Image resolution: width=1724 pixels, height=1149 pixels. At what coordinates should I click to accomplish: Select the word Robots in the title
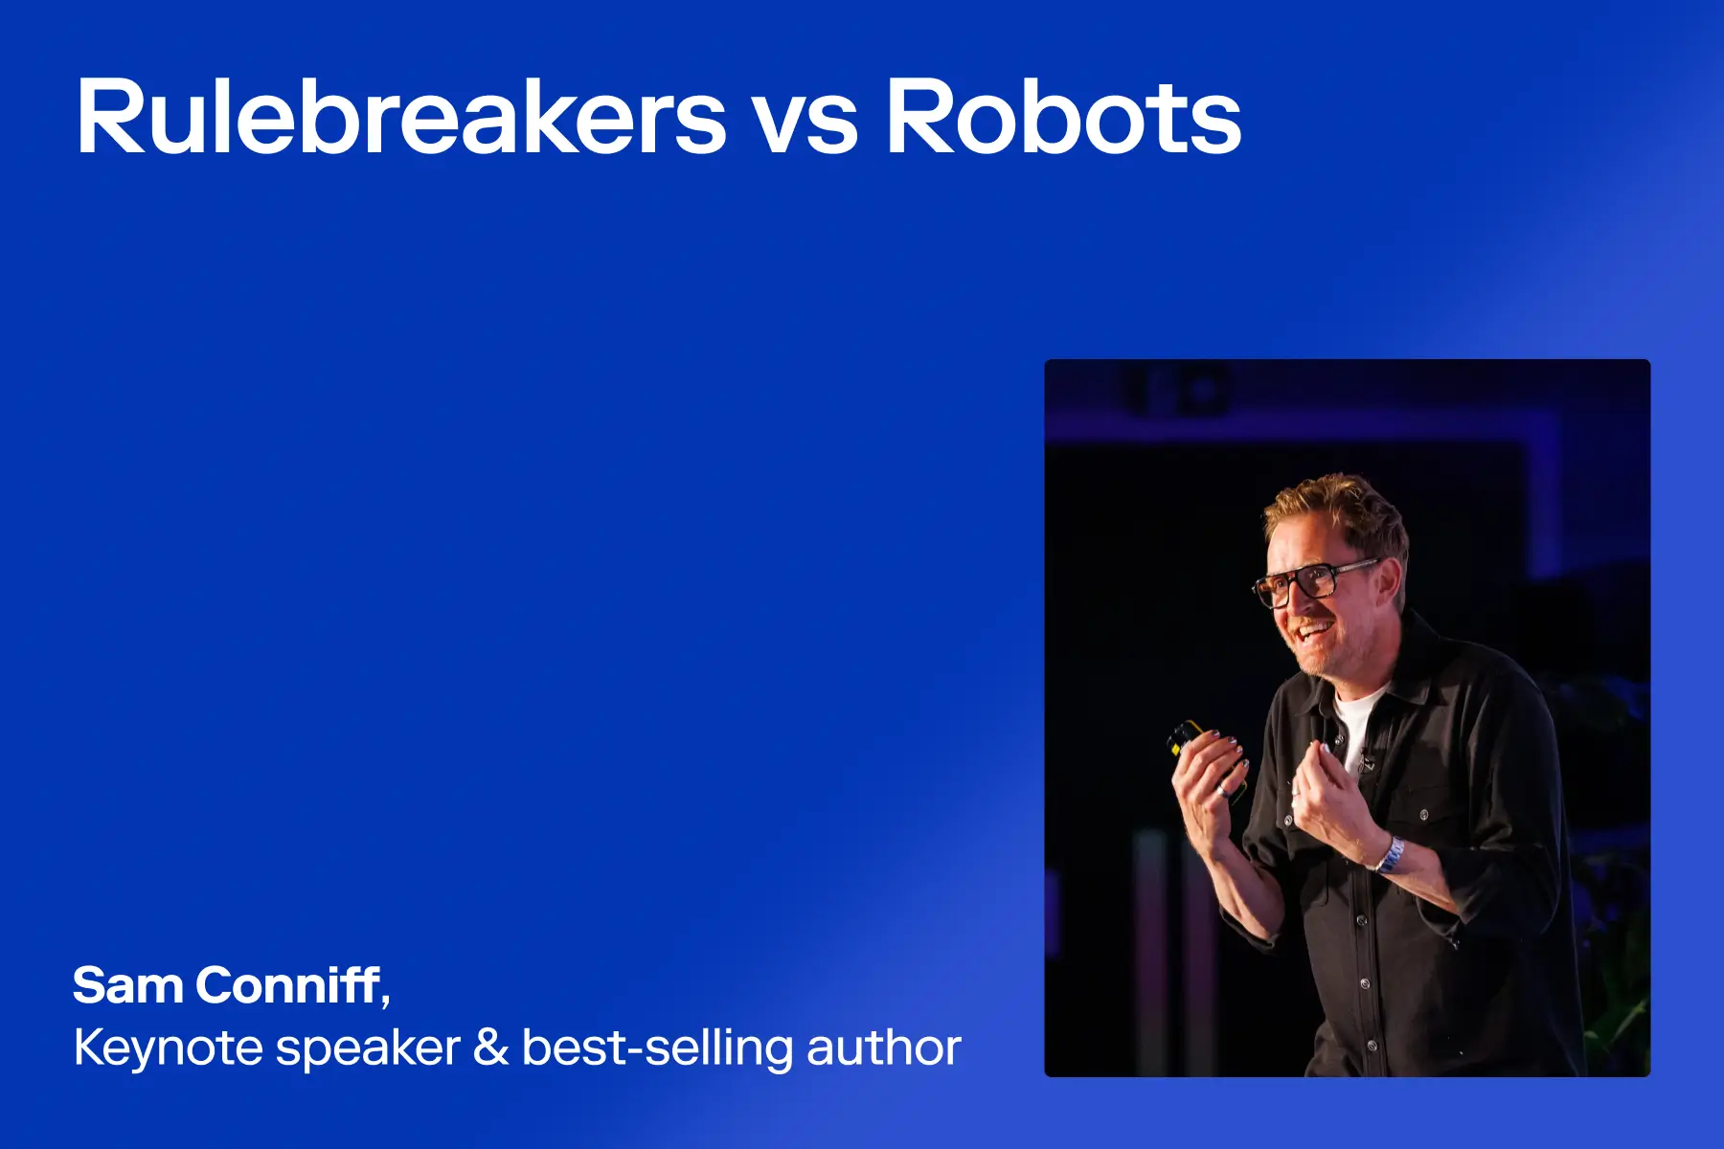[x=1063, y=117]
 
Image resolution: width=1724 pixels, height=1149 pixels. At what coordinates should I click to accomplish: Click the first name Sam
[x=126, y=985]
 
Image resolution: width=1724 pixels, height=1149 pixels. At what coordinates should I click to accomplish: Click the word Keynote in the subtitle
[x=168, y=1048]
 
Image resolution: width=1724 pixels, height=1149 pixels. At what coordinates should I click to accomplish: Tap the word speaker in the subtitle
[x=369, y=1050]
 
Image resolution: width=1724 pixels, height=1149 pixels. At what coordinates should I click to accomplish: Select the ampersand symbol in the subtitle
[x=490, y=1048]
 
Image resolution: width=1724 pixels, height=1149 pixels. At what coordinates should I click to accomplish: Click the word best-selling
[x=657, y=1048]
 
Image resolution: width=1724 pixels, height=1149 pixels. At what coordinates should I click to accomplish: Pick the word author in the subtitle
[x=883, y=1048]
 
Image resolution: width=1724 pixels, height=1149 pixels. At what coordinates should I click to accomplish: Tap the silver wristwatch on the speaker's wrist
[x=1392, y=854]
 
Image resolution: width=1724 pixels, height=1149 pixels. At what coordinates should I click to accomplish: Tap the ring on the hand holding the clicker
[x=1222, y=790]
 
